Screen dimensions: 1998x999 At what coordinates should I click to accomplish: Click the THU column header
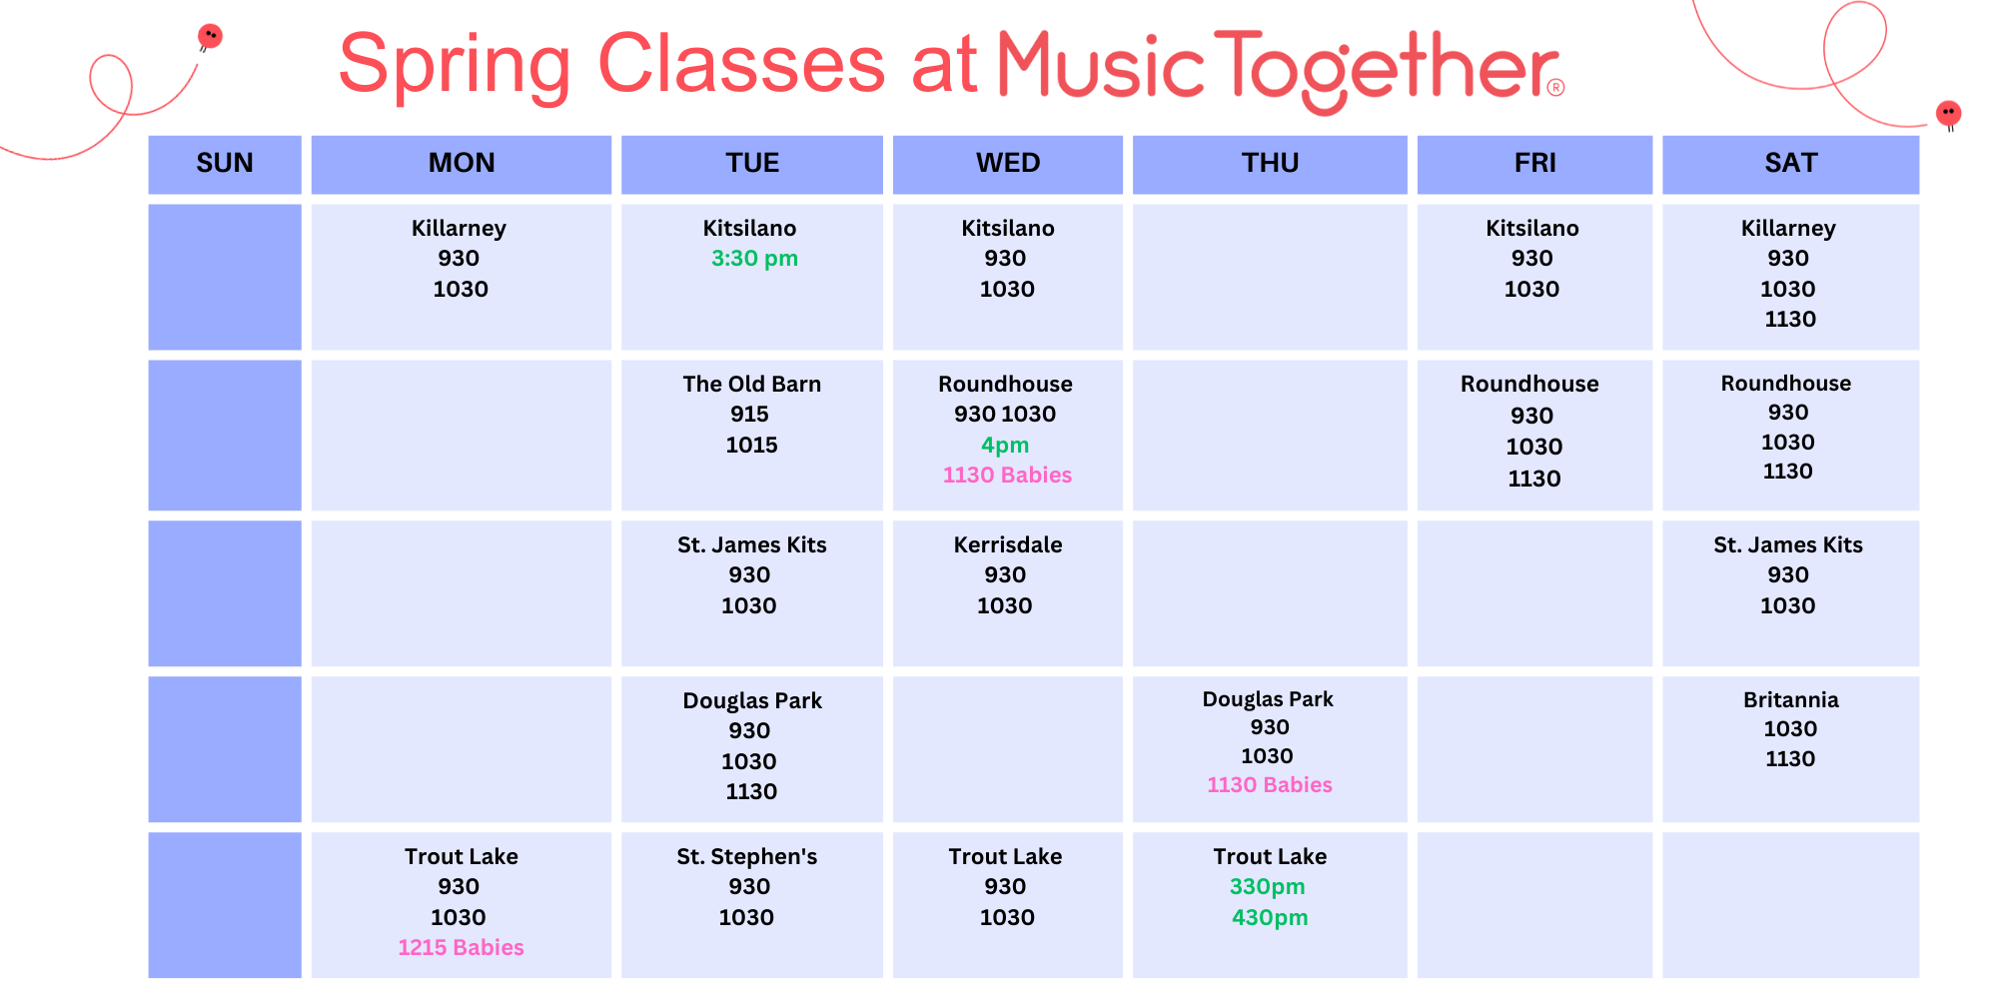click(x=1270, y=163)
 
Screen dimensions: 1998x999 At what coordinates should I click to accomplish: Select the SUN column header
click(x=225, y=163)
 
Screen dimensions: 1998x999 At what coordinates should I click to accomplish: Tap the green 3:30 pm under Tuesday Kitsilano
click(x=754, y=259)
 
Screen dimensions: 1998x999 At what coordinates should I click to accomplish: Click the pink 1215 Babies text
click(x=461, y=947)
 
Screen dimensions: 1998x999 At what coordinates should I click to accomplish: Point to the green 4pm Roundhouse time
click(x=1005, y=446)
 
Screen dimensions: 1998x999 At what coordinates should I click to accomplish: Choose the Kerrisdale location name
click(x=1007, y=544)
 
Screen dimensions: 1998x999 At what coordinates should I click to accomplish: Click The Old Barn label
click(x=751, y=384)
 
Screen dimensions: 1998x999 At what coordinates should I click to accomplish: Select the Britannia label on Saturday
click(x=1790, y=699)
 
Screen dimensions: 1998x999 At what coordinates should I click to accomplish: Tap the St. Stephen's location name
click(x=746, y=856)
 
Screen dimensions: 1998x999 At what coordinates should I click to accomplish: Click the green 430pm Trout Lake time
click(x=1269, y=917)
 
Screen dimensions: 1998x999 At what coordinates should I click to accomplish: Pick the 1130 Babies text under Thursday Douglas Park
click(x=1269, y=784)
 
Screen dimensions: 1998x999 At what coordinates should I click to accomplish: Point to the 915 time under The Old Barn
click(x=749, y=414)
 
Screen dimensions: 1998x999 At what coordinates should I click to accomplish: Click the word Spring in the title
click(x=455, y=66)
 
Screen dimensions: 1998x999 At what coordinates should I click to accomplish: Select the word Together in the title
click(x=1386, y=68)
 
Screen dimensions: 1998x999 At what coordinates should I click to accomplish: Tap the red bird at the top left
click(x=210, y=37)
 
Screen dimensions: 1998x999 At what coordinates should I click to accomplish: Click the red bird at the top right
click(x=1948, y=115)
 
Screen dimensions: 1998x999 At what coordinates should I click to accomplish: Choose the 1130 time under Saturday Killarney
click(x=1789, y=319)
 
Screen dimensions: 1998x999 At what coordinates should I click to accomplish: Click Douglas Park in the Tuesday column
click(x=751, y=700)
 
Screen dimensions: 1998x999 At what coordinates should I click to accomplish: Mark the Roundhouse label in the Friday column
click(x=1529, y=384)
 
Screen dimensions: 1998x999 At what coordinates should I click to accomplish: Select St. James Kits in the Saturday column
click(x=1787, y=544)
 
